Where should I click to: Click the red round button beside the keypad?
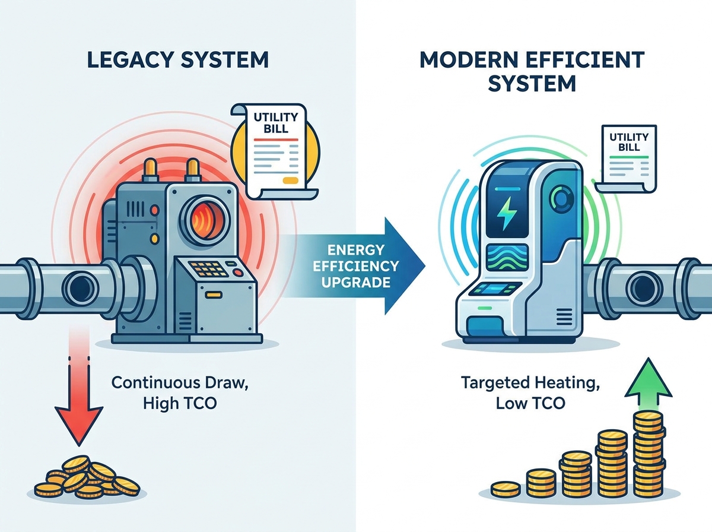coord(239,273)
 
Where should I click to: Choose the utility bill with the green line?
coord(625,159)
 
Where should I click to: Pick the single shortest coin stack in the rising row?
coord(505,489)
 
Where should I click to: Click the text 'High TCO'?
coord(180,404)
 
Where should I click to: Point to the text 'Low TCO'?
coord(530,403)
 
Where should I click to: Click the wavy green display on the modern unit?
coord(508,258)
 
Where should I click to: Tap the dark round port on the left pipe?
coord(80,288)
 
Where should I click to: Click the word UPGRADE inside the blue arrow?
coord(355,282)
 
